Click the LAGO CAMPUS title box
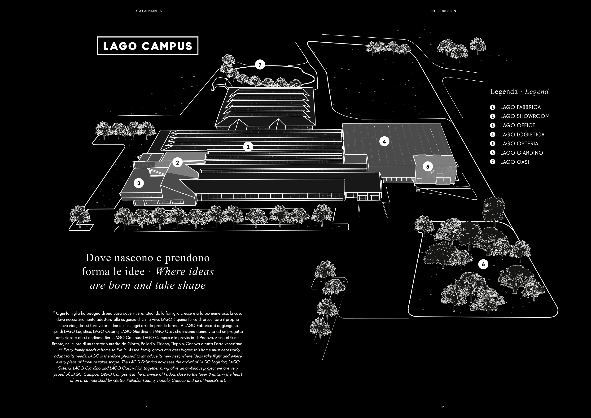point(148,46)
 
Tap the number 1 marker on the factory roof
point(248,147)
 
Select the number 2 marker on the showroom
point(177,163)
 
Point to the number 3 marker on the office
point(139,183)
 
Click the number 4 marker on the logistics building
point(384,141)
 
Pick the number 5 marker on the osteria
point(428,167)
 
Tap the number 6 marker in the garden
point(483,264)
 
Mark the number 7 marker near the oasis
point(260,65)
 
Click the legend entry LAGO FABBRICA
point(520,107)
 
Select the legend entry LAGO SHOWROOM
point(525,116)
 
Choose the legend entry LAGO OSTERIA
point(519,144)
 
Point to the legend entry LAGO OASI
point(514,162)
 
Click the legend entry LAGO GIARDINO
point(521,153)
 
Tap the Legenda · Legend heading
point(519,92)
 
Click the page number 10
point(148,407)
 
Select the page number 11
point(443,407)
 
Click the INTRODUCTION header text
point(443,11)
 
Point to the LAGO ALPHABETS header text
point(148,11)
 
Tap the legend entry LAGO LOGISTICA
point(522,135)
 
